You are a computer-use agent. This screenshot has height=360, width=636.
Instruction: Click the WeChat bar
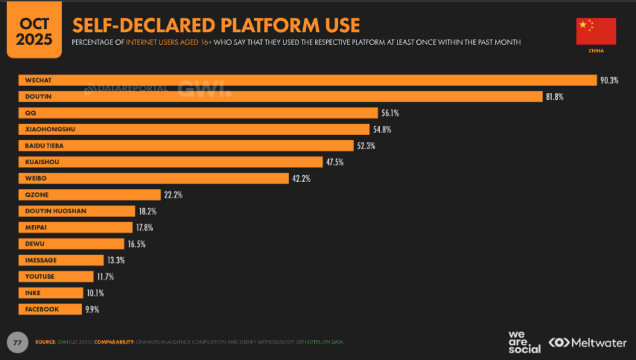point(307,80)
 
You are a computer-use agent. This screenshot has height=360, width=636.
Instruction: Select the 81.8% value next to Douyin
point(554,97)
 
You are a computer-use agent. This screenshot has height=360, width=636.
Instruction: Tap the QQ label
point(31,113)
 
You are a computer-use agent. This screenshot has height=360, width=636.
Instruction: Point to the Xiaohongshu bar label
point(50,129)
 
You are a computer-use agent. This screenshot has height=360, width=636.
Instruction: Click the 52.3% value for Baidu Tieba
point(366,146)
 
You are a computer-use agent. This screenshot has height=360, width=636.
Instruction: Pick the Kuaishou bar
point(171,162)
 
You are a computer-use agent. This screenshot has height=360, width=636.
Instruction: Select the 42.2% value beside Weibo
point(301,179)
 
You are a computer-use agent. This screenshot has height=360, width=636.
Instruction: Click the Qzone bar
point(89,195)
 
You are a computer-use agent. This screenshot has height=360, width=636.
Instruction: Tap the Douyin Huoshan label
point(56,211)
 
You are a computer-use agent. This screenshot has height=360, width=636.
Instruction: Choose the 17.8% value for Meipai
point(144,228)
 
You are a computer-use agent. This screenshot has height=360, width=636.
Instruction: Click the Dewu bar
point(71,244)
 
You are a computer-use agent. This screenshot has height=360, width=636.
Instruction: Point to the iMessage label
point(41,260)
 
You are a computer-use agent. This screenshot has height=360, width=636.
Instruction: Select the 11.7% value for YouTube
point(105,277)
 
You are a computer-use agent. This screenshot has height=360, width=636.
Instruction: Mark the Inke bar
point(51,293)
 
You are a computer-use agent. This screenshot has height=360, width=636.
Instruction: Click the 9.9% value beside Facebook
point(92,309)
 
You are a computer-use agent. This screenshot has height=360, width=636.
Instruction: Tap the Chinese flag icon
point(596,31)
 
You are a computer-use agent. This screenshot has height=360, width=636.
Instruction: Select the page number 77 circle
point(17,342)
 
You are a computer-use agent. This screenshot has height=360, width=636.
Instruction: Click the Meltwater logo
point(588,342)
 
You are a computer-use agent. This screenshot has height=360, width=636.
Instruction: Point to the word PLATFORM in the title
point(270,25)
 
